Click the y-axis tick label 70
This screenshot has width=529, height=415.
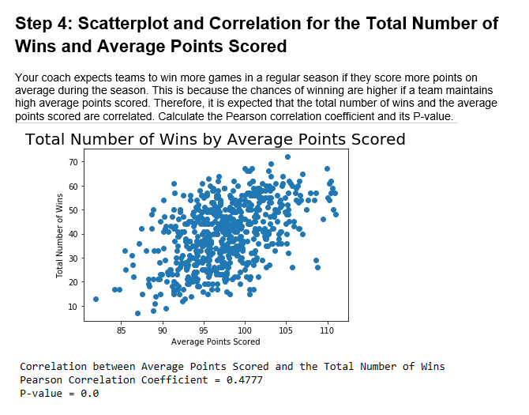tap(73, 162)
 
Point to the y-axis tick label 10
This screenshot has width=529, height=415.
tap(73, 306)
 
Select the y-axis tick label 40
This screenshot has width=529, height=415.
tap(73, 234)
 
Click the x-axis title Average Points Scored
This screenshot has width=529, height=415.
tap(216, 341)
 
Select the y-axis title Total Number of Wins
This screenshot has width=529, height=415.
tap(59, 235)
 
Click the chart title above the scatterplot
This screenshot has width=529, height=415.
tap(216, 140)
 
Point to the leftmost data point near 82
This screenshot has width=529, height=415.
tap(96, 299)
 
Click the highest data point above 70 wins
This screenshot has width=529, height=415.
tap(287, 157)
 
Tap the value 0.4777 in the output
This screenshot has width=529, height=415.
tap(246, 380)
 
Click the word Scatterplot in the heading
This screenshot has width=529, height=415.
tap(123, 24)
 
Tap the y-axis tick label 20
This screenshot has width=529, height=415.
tap(73, 282)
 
